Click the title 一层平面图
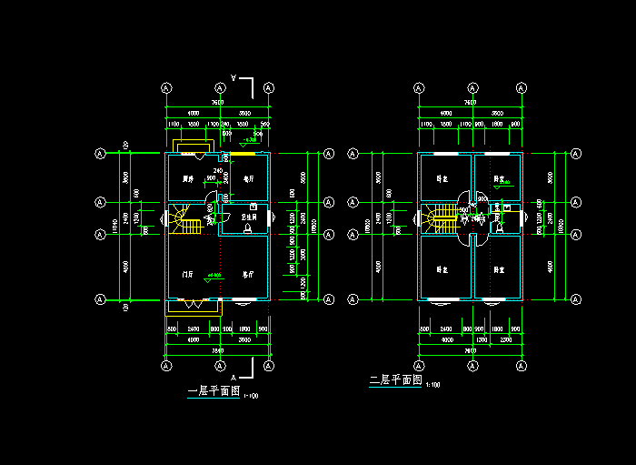(x=214, y=392)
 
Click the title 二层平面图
(x=395, y=380)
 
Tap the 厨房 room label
(x=189, y=178)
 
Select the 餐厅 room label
(x=247, y=178)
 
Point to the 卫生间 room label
(x=248, y=218)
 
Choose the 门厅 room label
(x=187, y=273)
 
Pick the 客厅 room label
(x=247, y=273)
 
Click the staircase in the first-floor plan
(x=186, y=220)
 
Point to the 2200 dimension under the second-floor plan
(x=498, y=340)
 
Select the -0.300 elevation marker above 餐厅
(x=250, y=140)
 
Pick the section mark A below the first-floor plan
(x=234, y=376)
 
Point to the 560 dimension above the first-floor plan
(x=265, y=124)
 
